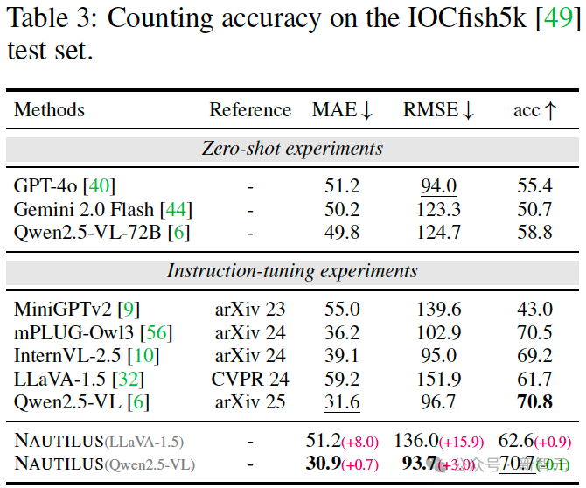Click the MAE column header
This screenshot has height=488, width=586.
342,110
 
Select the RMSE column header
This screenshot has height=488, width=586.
438,110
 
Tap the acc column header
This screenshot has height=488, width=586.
534,110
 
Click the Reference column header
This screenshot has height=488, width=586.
250,110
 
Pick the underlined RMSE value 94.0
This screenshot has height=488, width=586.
439,185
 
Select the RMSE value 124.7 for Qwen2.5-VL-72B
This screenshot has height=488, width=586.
439,233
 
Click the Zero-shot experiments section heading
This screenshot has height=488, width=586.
292,149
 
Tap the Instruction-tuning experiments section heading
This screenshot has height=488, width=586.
292,271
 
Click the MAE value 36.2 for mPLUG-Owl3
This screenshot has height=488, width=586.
342,332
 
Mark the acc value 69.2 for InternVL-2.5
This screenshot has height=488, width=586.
535,356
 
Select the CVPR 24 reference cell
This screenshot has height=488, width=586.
250,380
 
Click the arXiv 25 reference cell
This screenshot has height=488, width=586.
250,403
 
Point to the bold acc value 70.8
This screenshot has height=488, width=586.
535,403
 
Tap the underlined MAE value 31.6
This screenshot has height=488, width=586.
342,403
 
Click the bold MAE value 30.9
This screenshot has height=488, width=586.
322,464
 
